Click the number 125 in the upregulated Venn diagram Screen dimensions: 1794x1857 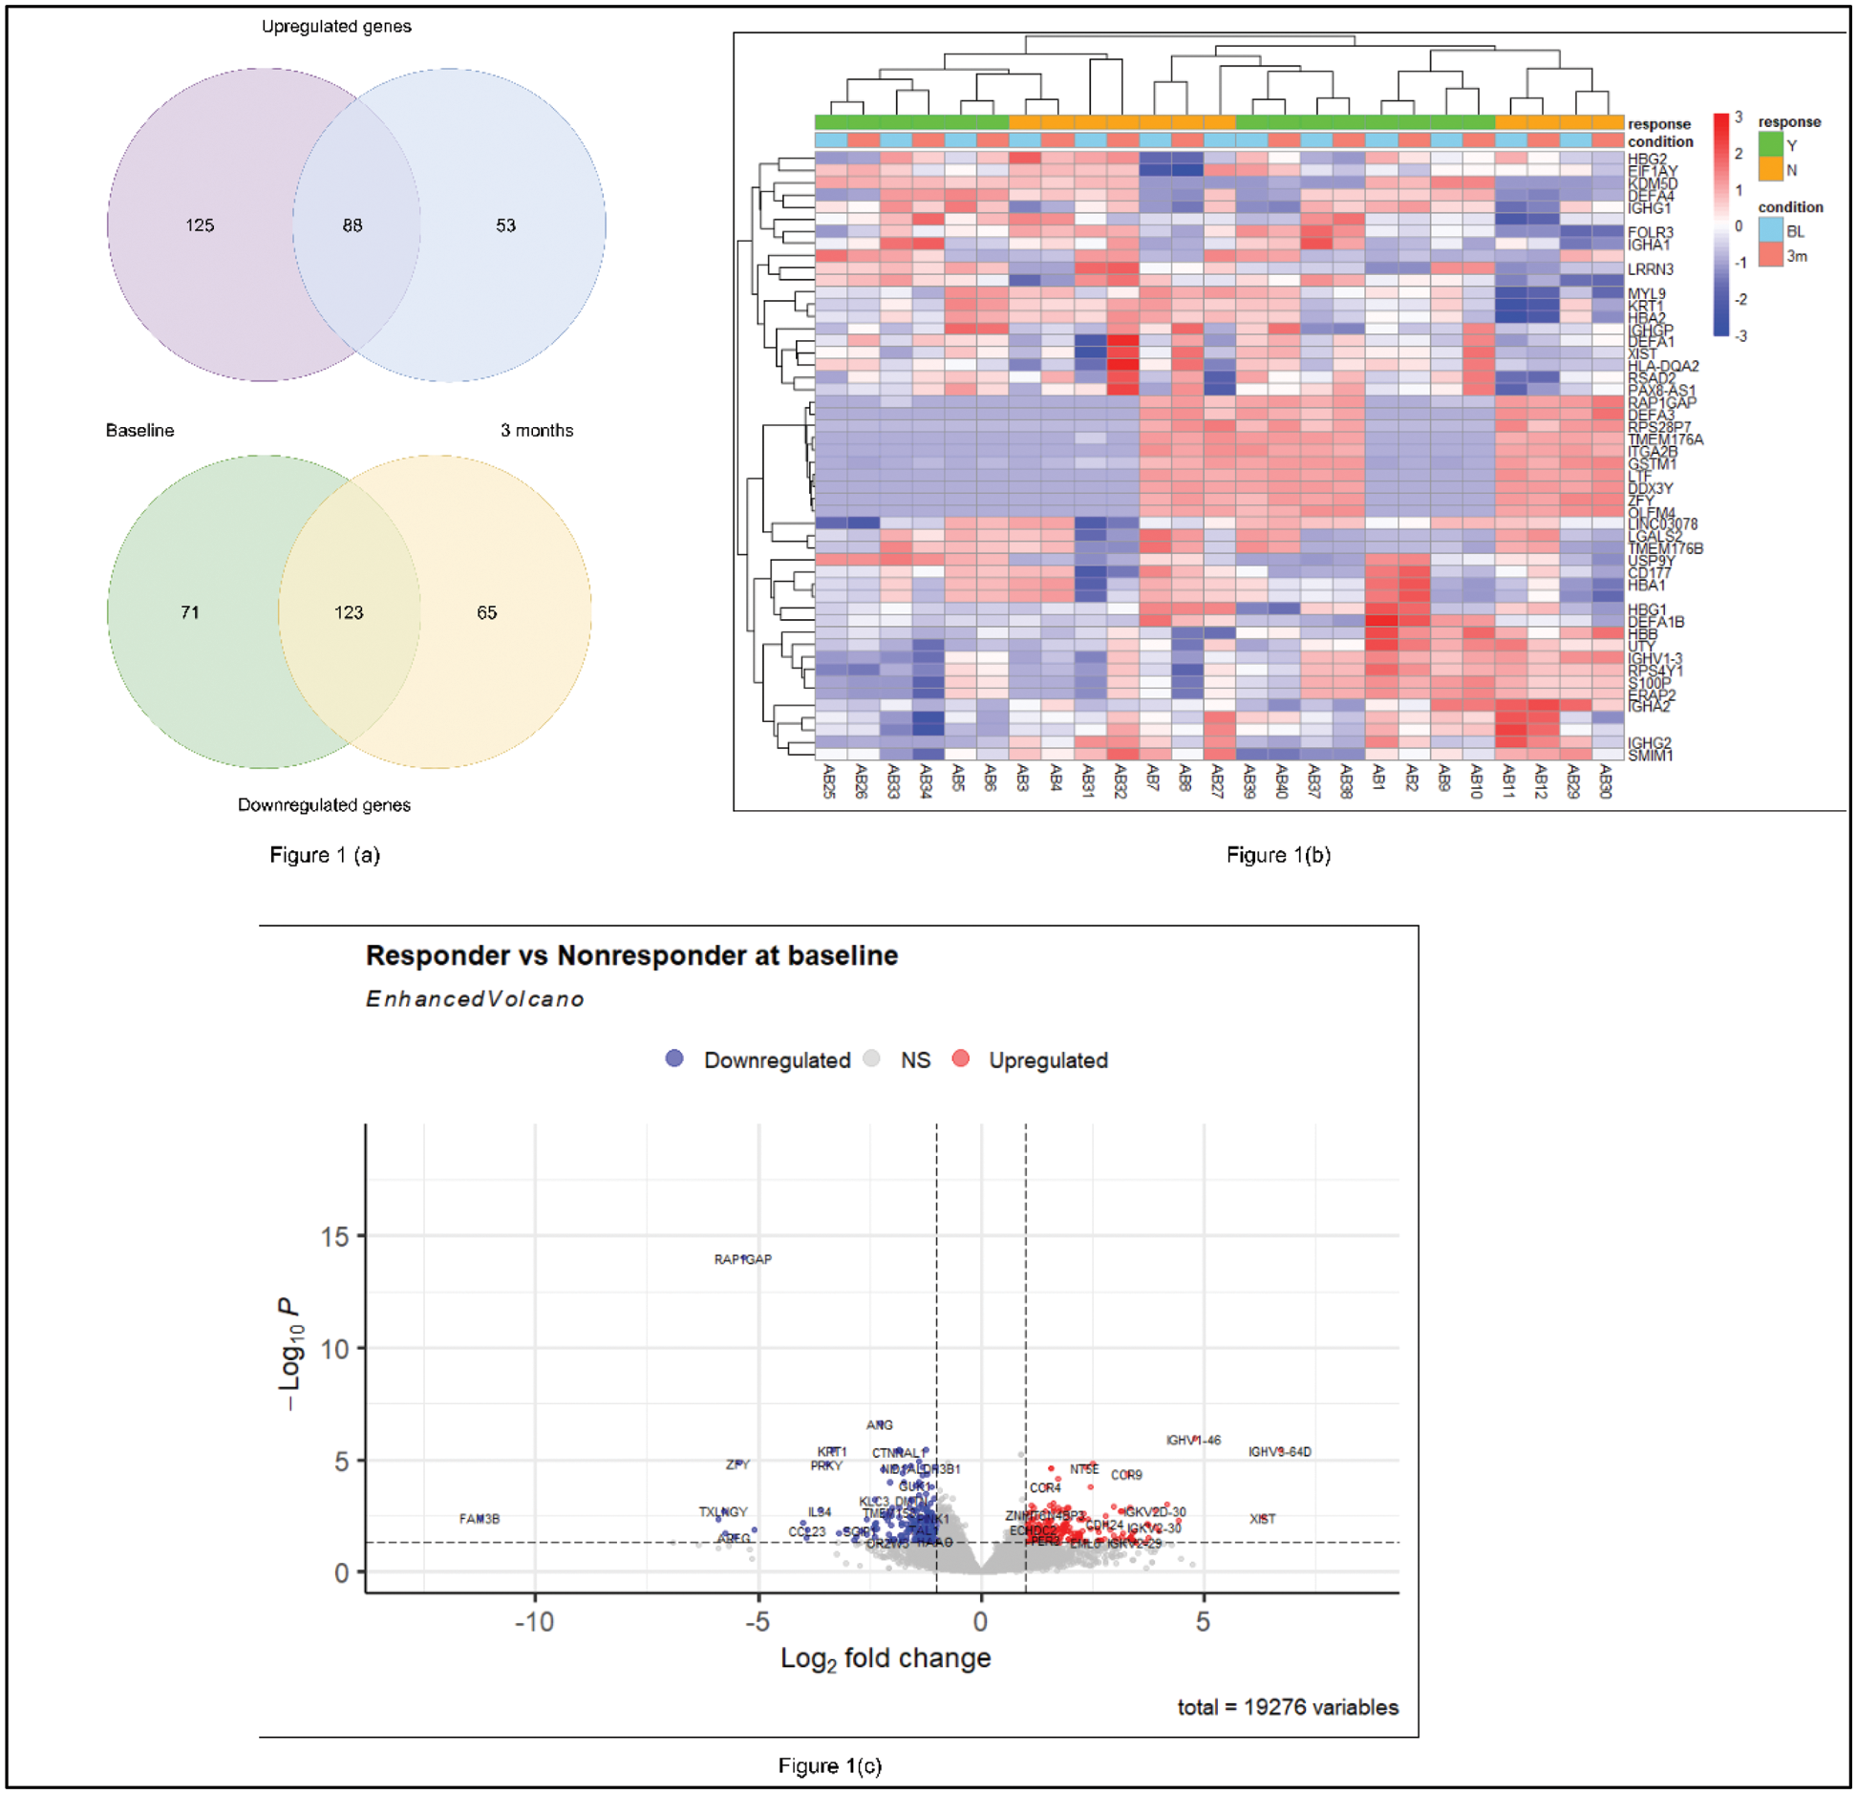[x=200, y=225]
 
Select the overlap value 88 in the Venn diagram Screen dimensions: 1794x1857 [x=352, y=225]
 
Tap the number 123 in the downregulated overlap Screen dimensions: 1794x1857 [x=349, y=612]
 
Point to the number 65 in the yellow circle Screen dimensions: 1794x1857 [x=487, y=612]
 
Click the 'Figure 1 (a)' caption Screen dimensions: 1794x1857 [x=325, y=855]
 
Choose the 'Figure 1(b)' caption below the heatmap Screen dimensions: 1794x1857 [x=1278, y=855]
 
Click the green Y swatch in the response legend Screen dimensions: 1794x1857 [x=1770, y=144]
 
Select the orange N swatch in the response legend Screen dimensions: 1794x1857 [x=1770, y=169]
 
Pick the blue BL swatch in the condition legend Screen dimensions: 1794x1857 [x=1770, y=230]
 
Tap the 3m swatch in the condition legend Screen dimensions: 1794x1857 [x=1770, y=255]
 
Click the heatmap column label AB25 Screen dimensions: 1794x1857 [x=829, y=780]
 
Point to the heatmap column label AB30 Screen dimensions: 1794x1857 [x=1606, y=780]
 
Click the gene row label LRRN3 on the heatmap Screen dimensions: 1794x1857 [x=1651, y=269]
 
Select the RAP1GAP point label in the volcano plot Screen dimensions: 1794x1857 [x=743, y=1259]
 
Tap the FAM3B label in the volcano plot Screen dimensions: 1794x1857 [x=480, y=1519]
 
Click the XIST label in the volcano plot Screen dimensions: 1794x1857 [x=1263, y=1519]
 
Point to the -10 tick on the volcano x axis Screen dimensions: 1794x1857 [x=534, y=1622]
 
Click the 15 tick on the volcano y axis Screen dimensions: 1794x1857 [x=335, y=1237]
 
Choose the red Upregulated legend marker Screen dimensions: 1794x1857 [x=961, y=1058]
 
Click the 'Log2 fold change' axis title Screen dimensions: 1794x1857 [x=886, y=1658]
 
